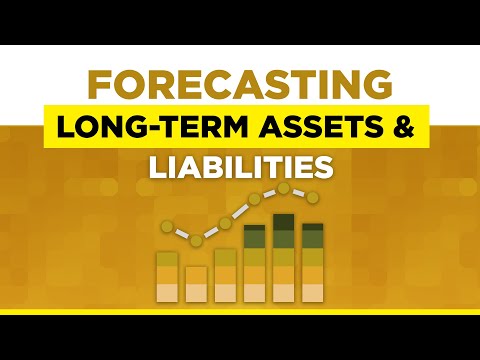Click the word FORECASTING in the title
pos(240,85)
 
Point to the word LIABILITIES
pos(240,164)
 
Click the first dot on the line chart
pos(167,226)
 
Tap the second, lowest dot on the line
pos(196,240)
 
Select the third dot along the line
pos(225,222)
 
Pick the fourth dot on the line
pos(254,200)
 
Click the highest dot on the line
pos(284,188)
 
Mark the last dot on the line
pos(312,196)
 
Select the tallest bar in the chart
pos(284,257)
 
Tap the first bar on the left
pos(167,276)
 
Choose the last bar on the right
pos(312,262)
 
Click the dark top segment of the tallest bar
pos(284,223)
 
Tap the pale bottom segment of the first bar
pos(167,292)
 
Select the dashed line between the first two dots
pos(182,233)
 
